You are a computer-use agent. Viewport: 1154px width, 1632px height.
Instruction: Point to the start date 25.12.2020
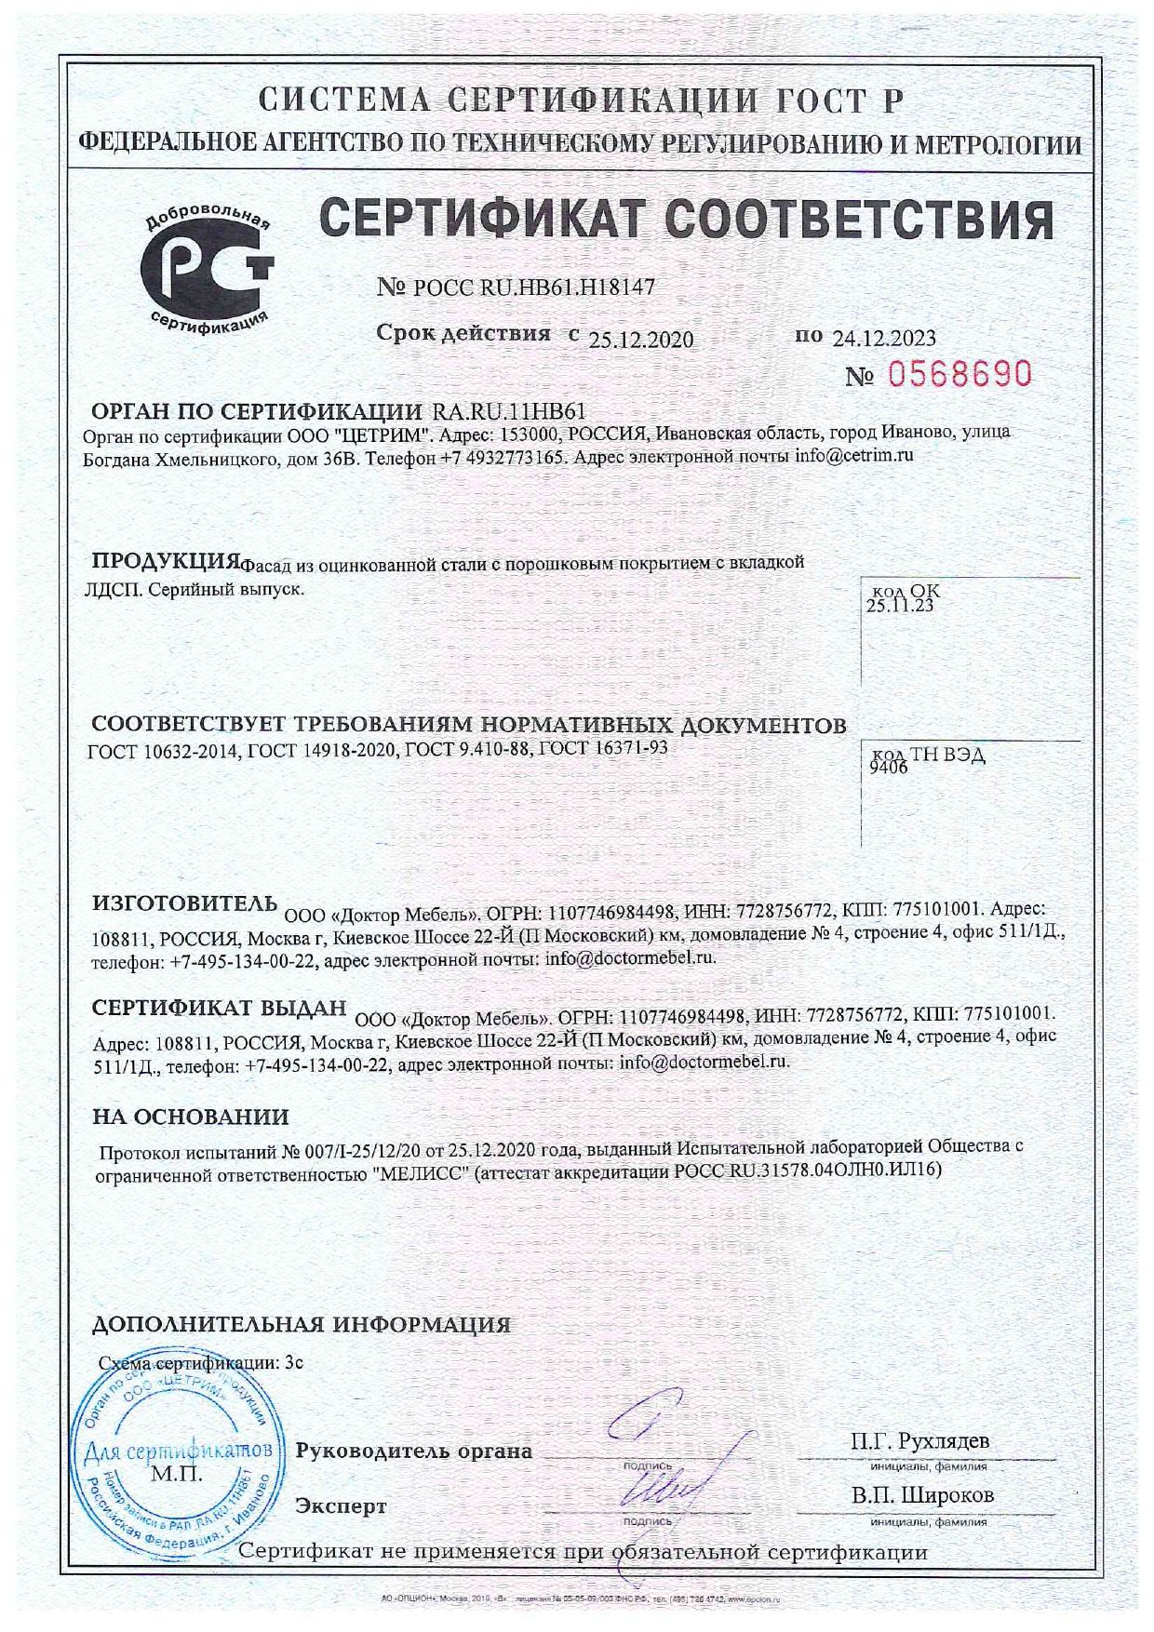point(641,340)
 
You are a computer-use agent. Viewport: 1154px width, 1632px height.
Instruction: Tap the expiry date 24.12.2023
point(884,338)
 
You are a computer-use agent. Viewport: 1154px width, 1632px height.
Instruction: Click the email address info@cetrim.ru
point(853,456)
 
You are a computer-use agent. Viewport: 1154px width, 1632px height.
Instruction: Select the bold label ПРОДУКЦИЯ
point(165,562)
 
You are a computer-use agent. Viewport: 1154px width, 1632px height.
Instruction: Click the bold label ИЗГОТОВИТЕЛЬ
point(184,903)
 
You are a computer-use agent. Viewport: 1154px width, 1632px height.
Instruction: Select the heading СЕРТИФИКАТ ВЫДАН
point(220,1008)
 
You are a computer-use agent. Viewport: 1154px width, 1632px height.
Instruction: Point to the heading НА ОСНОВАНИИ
point(191,1117)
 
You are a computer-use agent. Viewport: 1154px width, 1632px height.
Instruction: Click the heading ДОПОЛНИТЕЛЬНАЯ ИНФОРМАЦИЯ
point(302,1325)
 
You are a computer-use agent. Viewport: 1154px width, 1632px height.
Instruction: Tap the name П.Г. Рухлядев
point(919,1441)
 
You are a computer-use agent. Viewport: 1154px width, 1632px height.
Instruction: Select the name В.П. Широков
point(922,1495)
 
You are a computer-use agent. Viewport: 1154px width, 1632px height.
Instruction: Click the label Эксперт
point(341,1505)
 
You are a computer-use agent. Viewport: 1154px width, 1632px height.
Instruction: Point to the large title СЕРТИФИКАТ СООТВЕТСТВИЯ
point(687,221)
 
